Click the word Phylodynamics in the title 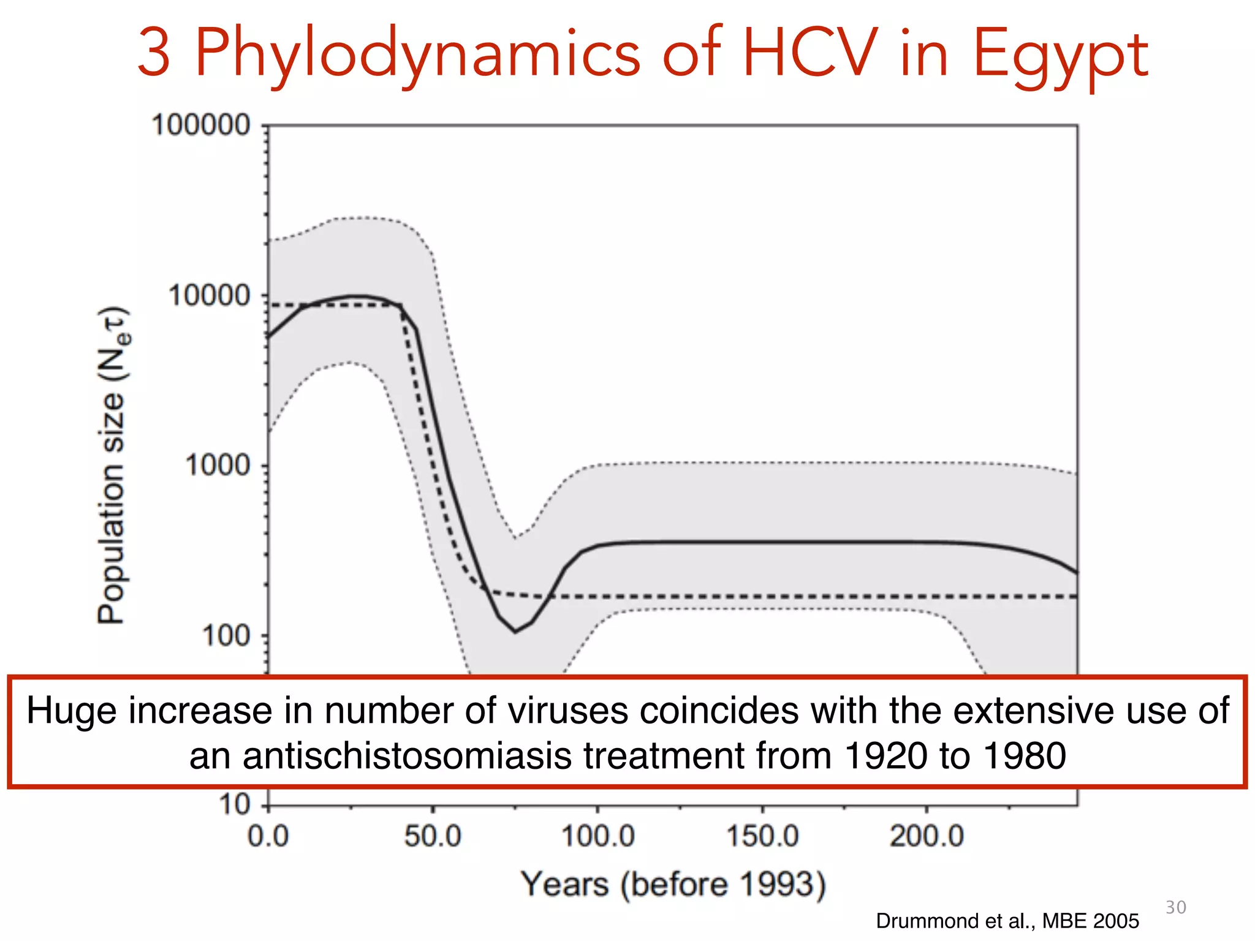click(417, 55)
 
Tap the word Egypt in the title click(1060, 56)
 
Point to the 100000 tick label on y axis click(201, 126)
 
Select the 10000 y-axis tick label click(210, 296)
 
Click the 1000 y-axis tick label click(218, 466)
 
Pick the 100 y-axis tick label click(226, 636)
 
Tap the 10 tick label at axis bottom click(235, 804)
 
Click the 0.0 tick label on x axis click(268, 836)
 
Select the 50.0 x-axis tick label click(433, 836)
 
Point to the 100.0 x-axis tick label click(597, 836)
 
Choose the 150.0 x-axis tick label click(762, 836)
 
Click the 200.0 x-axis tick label click(927, 836)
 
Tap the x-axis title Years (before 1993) click(673, 885)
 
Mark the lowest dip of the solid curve click(515, 632)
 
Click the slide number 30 click(1175, 907)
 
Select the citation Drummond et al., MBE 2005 click(1007, 921)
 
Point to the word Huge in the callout click(71, 711)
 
